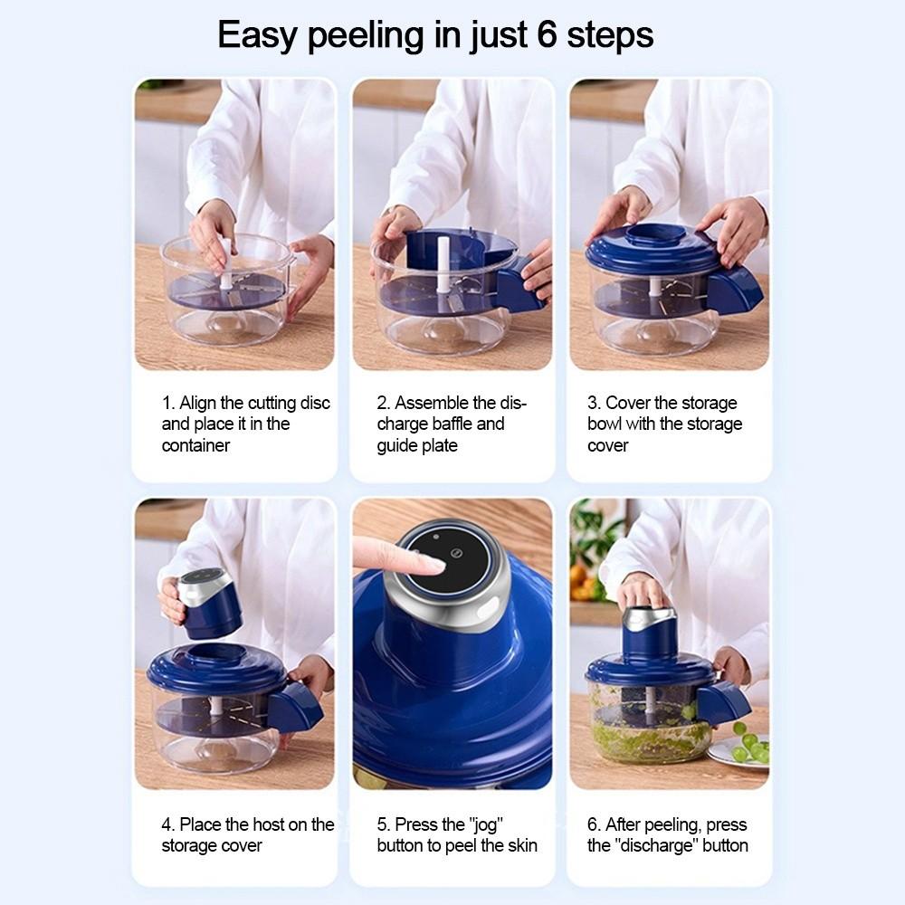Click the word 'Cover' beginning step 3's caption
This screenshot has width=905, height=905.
(x=630, y=403)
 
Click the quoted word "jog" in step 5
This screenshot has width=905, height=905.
(x=485, y=824)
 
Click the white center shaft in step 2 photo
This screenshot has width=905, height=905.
(x=443, y=265)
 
